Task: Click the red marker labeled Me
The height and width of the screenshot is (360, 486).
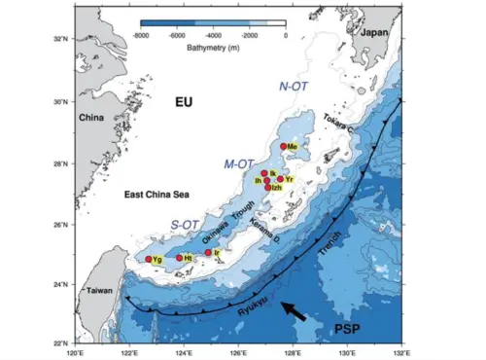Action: coord(284,147)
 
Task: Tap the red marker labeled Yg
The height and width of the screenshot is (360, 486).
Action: coord(149,259)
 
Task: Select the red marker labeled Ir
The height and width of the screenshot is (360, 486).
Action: coord(208,253)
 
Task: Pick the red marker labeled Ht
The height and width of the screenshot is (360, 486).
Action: coord(179,258)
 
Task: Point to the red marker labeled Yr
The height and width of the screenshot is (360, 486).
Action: coord(280,179)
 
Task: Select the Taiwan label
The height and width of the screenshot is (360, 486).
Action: coord(95,291)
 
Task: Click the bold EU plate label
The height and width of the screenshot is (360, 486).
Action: coord(186,102)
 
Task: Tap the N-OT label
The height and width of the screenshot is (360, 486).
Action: coord(295,86)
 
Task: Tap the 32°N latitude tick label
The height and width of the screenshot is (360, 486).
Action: coord(62,40)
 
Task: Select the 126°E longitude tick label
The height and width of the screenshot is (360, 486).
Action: coord(237,352)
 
